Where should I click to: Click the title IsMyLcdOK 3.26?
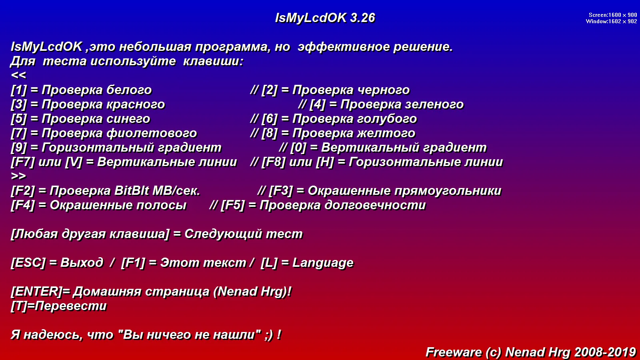(325, 18)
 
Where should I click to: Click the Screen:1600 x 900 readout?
(612, 15)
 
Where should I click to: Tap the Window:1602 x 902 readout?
(611, 22)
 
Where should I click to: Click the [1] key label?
(18, 90)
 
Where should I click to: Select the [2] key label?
(270, 90)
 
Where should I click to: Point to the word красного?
(136, 104)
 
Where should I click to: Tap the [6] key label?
(270, 119)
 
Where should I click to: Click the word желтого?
(386, 134)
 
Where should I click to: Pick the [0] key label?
(298, 148)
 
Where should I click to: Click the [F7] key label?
(23, 162)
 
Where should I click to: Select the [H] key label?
(325, 162)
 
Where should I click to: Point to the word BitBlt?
(132, 191)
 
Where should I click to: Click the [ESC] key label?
(28, 263)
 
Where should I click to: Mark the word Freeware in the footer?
(454, 352)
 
